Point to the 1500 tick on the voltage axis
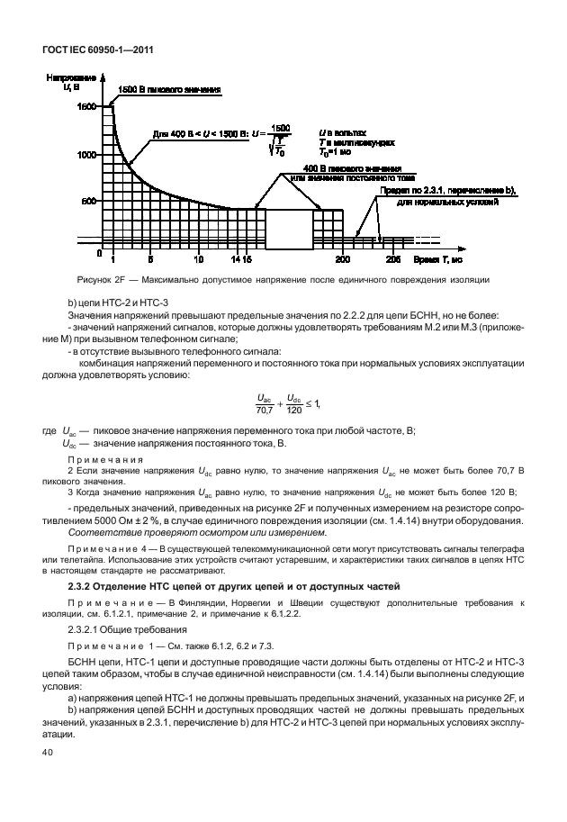tap(85, 107)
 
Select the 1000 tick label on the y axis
tap(85, 155)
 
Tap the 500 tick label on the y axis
tap(87, 202)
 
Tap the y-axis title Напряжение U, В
tap(65, 82)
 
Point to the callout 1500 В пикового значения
tap(169, 91)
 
